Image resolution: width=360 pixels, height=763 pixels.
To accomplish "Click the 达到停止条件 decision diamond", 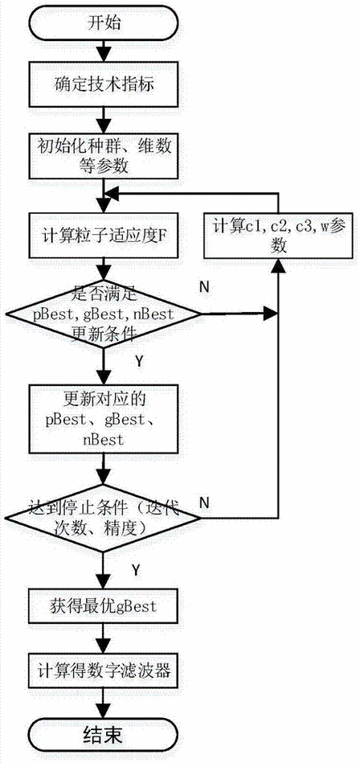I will [x=102, y=519].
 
